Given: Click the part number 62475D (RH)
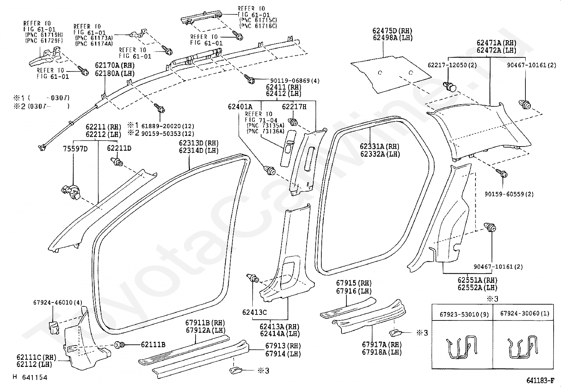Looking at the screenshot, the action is pos(392,31).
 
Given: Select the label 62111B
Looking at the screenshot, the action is pos(153,345).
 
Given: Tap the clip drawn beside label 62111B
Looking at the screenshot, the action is pos(119,345).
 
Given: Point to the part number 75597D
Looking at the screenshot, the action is pos(75,149).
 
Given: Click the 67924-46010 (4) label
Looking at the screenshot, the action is pos(57,302).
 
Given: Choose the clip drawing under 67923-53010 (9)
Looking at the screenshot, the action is pos(462,347).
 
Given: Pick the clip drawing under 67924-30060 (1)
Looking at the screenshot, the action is pos(523,347).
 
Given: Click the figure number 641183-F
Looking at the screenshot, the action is pos(540,381).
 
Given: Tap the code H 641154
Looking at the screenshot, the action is pos(30,377).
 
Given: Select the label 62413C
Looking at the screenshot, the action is pos(254,312).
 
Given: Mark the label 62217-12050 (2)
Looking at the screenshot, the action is pos(452,65).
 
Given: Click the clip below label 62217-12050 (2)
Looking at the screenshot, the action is pos(450,87).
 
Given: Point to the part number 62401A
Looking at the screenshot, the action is pos(240,107).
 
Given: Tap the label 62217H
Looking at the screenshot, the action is pos(294,107).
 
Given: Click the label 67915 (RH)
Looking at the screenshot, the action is pos(354,283).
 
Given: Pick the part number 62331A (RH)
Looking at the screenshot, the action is pos(380,146).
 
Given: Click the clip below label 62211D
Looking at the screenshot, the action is pos(117,162).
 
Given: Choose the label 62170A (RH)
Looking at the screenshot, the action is pos(115,65).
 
